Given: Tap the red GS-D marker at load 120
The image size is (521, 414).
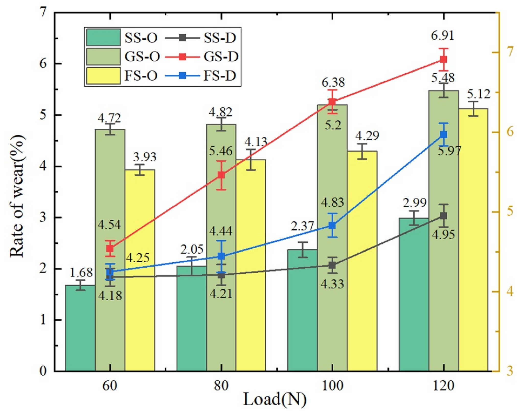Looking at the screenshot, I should (443, 59).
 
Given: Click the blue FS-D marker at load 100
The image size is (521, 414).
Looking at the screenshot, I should (332, 225).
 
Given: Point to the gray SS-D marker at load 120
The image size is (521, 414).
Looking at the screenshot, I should (443, 216).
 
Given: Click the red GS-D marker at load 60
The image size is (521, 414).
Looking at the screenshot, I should (110, 248).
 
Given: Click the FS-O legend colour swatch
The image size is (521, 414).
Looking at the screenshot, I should (103, 76).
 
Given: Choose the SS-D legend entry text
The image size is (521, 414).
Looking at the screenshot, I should (220, 38).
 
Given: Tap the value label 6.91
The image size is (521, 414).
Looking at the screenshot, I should (442, 36).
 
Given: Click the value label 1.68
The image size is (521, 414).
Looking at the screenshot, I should (81, 273).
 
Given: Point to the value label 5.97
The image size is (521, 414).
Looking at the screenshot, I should (449, 151).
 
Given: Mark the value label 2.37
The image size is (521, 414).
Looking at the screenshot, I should (302, 226).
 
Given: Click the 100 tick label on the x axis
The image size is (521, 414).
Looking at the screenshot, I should (332, 386).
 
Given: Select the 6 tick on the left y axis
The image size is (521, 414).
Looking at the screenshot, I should (43, 64).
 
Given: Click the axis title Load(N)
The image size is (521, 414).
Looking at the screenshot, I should (275, 399).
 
